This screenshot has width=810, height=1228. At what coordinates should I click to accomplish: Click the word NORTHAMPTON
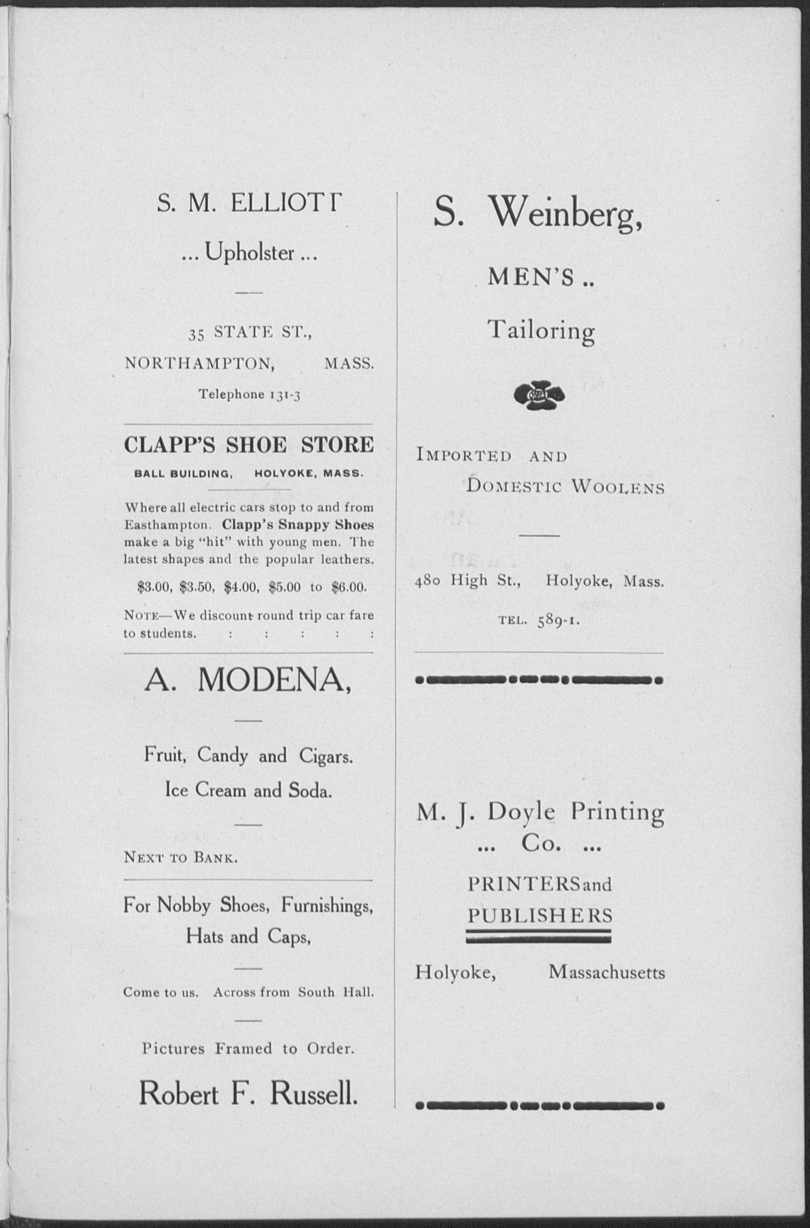[x=200, y=364]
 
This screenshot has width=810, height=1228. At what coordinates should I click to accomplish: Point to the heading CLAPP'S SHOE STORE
[x=248, y=445]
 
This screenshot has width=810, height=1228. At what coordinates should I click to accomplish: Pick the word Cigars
[x=326, y=757]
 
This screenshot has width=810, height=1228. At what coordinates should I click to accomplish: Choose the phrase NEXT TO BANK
[x=181, y=858]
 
